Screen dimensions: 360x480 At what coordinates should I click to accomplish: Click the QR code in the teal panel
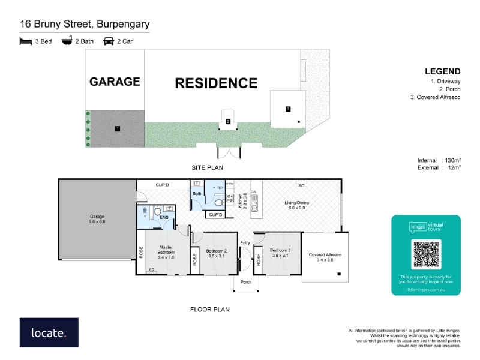click(426, 254)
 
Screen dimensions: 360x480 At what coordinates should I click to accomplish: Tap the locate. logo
click(49, 332)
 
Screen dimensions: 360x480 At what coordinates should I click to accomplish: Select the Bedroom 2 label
click(216, 253)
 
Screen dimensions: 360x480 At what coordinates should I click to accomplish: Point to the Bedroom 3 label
click(280, 253)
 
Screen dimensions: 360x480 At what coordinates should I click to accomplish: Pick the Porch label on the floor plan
click(246, 283)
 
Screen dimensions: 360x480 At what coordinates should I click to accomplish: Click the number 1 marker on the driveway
click(118, 128)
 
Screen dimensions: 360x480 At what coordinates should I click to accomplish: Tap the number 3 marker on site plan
click(288, 109)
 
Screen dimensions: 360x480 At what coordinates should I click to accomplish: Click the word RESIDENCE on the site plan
click(216, 83)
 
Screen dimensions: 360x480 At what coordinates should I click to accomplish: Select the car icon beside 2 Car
click(109, 41)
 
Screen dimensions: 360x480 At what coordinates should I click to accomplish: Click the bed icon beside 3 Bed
click(25, 41)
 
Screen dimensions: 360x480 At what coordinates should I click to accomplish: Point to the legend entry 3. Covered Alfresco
click(436, 97)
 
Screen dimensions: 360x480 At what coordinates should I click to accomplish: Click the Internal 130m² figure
click(439, 160)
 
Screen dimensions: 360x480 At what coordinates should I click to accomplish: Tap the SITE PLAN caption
click(207, 168)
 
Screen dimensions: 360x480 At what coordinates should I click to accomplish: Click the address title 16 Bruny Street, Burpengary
click(85, 25)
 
